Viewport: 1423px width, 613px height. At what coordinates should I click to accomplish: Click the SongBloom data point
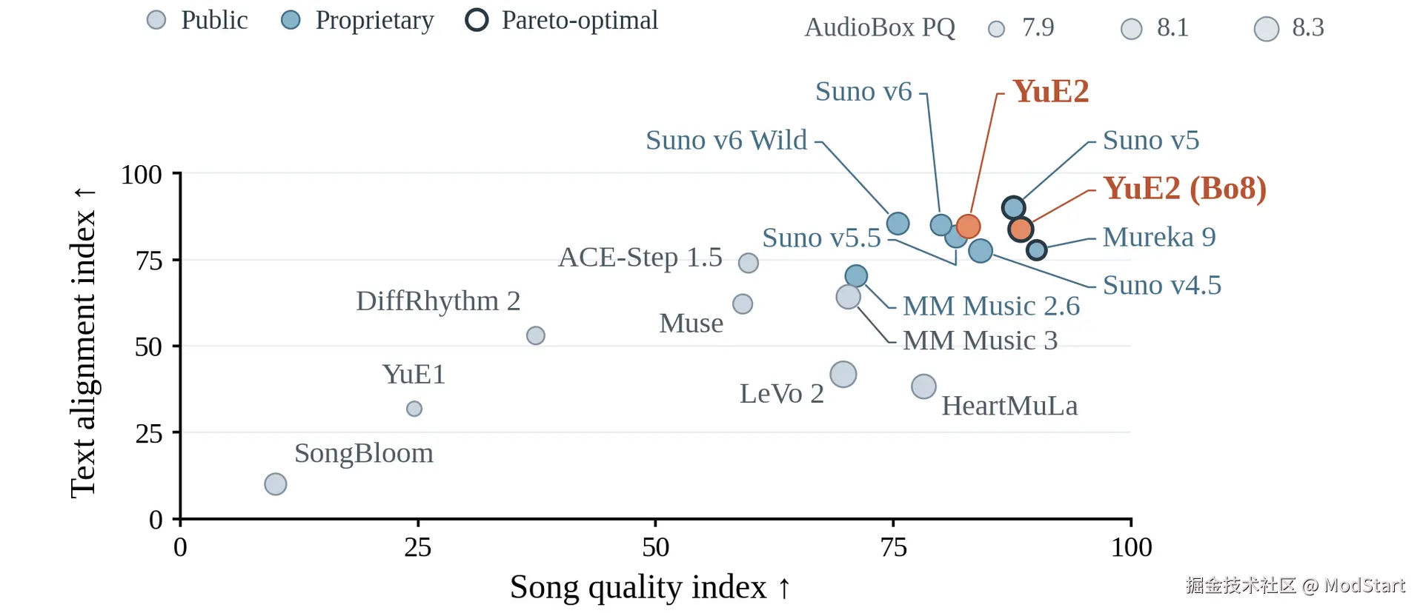[276, 484]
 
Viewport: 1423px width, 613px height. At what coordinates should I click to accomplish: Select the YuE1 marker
[414, 409]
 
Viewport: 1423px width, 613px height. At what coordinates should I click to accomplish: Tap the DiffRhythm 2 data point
[536, 335]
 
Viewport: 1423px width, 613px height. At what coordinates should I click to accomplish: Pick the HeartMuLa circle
[923, 386]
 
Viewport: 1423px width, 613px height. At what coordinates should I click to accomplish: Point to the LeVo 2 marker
[843, 375]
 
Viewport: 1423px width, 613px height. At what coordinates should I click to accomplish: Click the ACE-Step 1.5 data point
[749, 263]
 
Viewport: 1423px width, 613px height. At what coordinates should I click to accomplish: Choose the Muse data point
[743, 304]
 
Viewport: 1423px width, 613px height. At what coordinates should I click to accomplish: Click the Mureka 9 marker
[1037, 250]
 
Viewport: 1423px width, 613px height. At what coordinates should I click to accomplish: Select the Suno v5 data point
[1014, 208]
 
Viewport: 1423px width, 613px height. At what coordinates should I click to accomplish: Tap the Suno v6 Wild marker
[898, 224]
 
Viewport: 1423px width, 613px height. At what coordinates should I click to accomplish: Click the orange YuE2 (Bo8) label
[1184, 188]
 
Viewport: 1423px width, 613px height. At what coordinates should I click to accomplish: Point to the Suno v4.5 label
[1162, 285]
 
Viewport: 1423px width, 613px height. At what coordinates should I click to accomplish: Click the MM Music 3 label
[980, 341]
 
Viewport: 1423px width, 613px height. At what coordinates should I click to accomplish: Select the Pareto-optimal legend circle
[477, 20]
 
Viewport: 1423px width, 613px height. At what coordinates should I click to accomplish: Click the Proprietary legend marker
[291, 20]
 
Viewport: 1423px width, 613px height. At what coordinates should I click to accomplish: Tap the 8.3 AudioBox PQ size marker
[1267, 29]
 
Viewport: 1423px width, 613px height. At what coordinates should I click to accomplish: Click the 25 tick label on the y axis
[149, 433]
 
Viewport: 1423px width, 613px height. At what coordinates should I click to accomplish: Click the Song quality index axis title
[650, 587]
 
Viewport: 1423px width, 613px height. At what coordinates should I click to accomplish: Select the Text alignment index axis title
[83, 342]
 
